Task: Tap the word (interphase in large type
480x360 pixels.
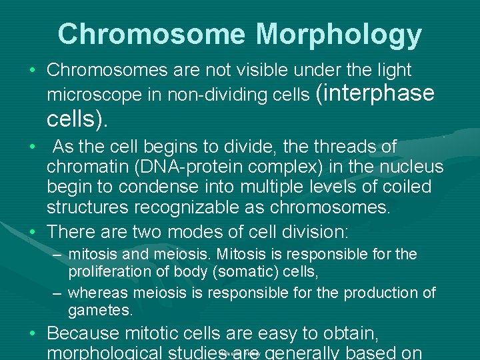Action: coord(373,93)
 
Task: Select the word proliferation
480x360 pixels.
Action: coord(108,272)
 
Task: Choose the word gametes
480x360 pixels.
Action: coord(101,310)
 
